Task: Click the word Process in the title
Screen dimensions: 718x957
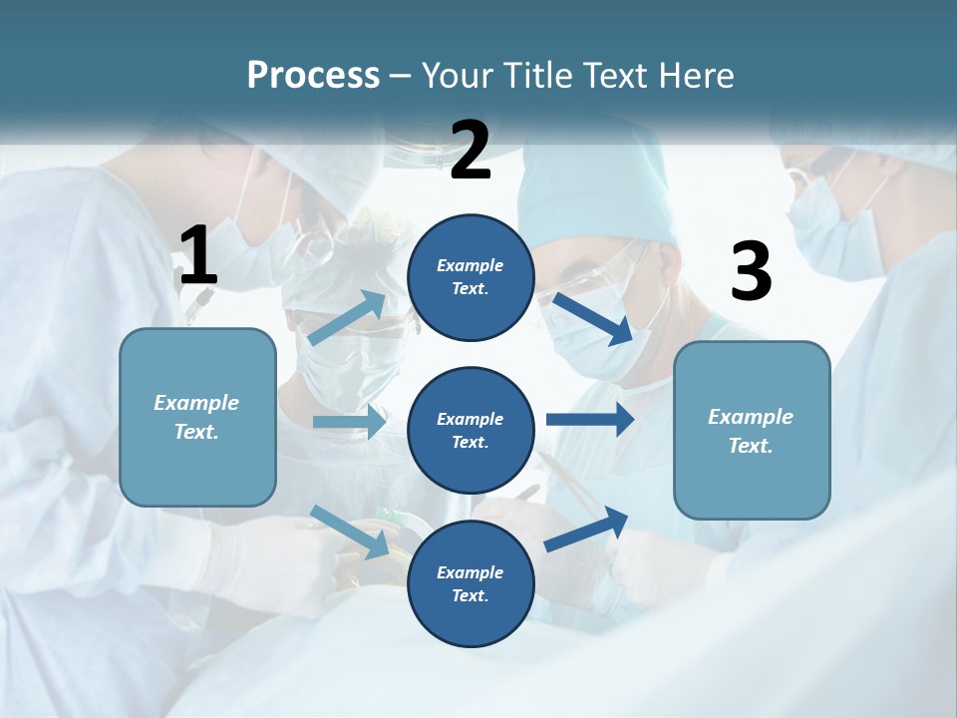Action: (313, 75)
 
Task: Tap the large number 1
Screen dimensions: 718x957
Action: (198, 256)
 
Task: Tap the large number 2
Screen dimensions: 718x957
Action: (471, 151)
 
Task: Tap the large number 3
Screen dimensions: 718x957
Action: (751, 272)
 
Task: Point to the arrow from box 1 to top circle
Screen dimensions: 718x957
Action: (347, 318)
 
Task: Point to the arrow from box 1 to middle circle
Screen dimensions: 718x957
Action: (349, 422)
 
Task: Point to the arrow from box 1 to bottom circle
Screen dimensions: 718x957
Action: (349, 532)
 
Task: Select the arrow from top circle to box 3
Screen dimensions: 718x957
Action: (592, 317)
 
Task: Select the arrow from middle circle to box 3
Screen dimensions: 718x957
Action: (589, 419)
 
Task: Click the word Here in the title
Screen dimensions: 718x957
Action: (696, 75)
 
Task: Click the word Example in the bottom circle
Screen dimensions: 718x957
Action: (471, 572)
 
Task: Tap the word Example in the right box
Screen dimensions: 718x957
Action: (751, 417)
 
